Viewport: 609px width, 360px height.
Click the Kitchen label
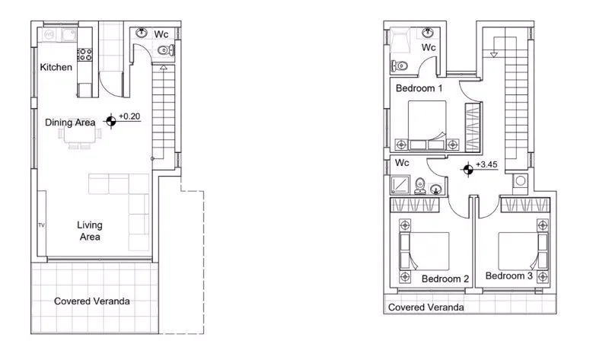pos(56,67)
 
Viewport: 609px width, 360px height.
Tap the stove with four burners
pos(84,54)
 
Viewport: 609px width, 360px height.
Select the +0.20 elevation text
pos(129,116)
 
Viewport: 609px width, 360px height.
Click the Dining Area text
pos(70,123)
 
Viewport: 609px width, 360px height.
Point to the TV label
pos(42,225)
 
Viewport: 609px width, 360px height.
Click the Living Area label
pos(90,231)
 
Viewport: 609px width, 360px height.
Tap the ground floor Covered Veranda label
pos(92,301)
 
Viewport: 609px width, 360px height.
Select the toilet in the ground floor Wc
pos(167,50)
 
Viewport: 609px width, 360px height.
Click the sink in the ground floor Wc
pos(142,33)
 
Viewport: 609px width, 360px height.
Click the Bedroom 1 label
pos(419,88)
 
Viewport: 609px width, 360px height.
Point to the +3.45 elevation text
pos(486,164)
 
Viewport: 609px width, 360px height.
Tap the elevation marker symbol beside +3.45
pos(468,170)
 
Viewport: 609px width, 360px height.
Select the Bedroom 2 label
pos(445,279)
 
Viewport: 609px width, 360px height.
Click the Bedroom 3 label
pos(509,276)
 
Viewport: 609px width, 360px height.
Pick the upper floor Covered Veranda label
pos(426,307)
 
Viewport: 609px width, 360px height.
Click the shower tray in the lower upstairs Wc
pos(400,185)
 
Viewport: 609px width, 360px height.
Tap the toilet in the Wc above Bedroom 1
pos(399,65)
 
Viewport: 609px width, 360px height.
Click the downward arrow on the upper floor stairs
pos(493,55)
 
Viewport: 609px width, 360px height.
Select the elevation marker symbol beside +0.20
pos(111,121)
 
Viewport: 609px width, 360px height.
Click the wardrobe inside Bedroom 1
pos(473,126)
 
